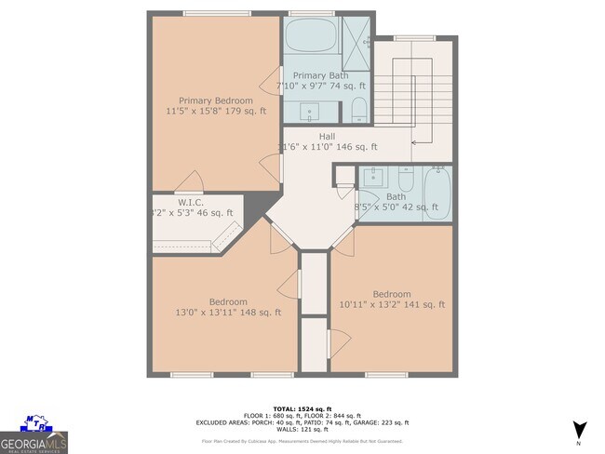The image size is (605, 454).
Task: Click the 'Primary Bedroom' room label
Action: tap(216, 100)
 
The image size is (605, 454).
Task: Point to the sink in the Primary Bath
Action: tap(311, 112)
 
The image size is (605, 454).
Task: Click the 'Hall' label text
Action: tap(327, 136)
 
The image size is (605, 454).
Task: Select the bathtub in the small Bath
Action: tap(437, 193)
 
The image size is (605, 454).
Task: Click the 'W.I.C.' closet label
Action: tap(191, 202)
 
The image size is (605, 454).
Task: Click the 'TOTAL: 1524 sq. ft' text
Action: tap(303, 408)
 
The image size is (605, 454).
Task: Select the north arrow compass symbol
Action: tap(579, 430)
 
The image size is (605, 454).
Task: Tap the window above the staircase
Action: tap(401, 36)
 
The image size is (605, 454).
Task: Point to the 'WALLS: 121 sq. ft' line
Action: tap(303, 429)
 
